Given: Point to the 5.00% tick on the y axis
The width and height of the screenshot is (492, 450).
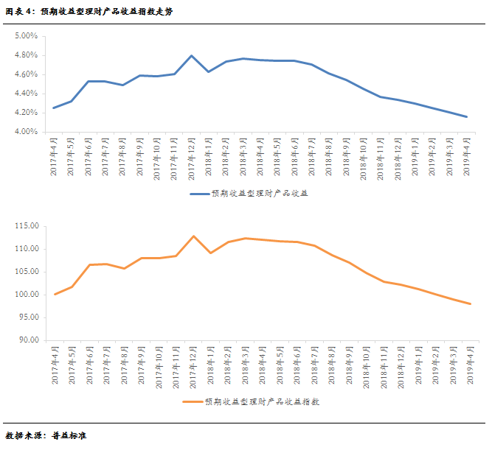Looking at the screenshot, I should tap(26, 36).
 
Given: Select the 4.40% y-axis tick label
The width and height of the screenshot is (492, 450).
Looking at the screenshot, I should tap(26, 94).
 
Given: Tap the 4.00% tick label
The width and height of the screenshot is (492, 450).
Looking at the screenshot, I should tap(26, 132).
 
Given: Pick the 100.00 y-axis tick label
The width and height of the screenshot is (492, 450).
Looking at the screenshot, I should tap(25, 295).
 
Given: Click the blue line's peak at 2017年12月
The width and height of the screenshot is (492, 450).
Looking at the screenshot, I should tap(192, 55).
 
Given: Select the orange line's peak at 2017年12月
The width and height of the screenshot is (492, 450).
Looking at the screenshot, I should tap(193, 236).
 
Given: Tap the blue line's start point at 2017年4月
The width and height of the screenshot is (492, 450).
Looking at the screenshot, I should tap(54, 108).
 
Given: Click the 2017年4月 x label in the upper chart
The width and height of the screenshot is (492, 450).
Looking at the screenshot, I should tap(54, 156).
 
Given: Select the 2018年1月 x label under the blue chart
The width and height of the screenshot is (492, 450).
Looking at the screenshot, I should tap(209, 156).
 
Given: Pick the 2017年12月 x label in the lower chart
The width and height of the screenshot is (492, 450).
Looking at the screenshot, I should tap(192, 366).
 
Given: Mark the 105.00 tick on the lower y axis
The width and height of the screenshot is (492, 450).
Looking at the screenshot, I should tap(25, 272).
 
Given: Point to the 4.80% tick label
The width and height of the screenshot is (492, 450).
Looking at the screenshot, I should tap(26, 55).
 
